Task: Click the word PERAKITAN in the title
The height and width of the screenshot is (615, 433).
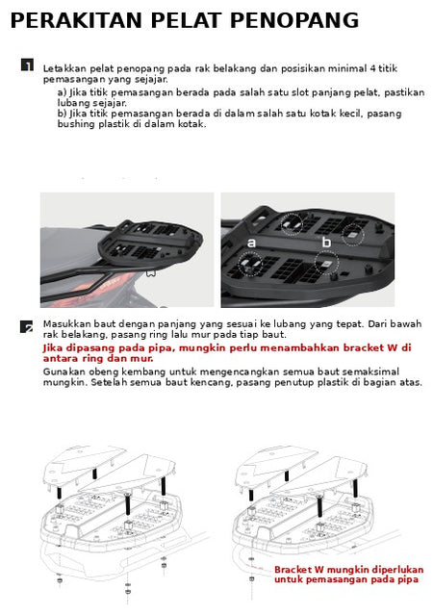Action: tap(76, 21)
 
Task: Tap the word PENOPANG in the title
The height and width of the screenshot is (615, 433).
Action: tap(294, 21)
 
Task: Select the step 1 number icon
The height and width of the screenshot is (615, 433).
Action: tap(27, 65)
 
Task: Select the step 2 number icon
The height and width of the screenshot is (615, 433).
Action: tap(27, 326)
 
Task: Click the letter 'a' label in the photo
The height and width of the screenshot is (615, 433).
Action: tap(251, 243)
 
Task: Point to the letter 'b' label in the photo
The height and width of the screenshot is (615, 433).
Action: tap(326, 242)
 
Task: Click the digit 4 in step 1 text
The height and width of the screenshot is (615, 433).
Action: tap(372, 68)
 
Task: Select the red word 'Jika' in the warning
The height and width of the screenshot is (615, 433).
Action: tap(53, 348)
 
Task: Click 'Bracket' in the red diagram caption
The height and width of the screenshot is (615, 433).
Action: tap(293, 570)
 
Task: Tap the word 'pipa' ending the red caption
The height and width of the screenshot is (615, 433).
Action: tap(408, 580)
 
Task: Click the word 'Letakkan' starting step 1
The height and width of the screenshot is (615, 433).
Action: tap(64, 68)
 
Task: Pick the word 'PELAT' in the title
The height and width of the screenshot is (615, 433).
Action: tap(186, 21)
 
